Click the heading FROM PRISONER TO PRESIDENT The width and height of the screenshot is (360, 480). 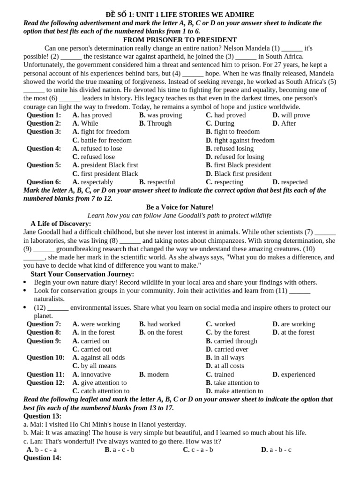[x=180, y=40]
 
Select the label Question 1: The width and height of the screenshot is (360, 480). [x=44, y=115]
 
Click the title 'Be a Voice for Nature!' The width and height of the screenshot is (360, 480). [x=180, y=207]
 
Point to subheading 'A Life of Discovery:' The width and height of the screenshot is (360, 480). [x=60, y=224]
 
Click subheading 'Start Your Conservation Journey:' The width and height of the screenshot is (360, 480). [x=82, y=274]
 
